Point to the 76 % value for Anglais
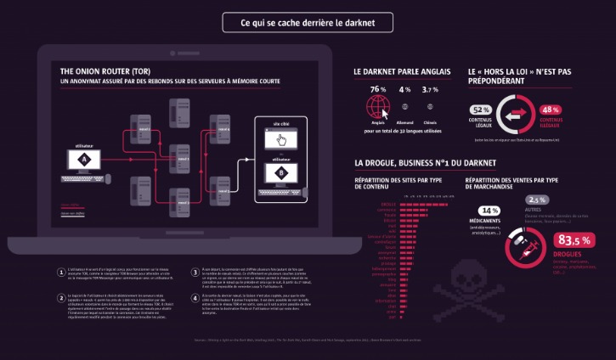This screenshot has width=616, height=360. click(378, 89)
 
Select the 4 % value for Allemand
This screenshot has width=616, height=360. click(404, 89)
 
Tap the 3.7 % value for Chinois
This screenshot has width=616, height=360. click(430, 89)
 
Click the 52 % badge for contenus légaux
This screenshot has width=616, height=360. click(480, 110)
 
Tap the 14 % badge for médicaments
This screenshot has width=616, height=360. click(489, 211)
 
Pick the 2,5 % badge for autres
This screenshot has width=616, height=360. click(538, 200)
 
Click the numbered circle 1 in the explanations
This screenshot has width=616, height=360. click(60, 273)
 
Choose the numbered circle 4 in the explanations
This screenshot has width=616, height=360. click(194, 296)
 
